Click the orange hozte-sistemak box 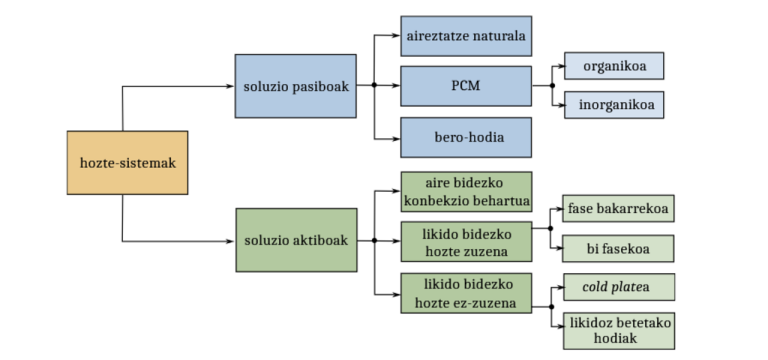(x=127, y=162)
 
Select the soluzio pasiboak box (x=295, y=86)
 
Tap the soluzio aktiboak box (x=295, y=240)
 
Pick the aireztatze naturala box (x=466, y=37)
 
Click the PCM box (x=466, y=86)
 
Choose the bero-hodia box (x=466, y=136)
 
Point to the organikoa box (x=614, y=66)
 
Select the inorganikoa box (x=614, y=103)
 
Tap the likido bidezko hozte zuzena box (x=466, y=240)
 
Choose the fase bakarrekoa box (x=618, y=208)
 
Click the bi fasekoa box (x=618, y=248)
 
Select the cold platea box (x=618, y=287)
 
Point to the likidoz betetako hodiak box (x=618, y=331)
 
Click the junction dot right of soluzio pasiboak (x=373, y=86)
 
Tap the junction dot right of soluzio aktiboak (x=373, y=240)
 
